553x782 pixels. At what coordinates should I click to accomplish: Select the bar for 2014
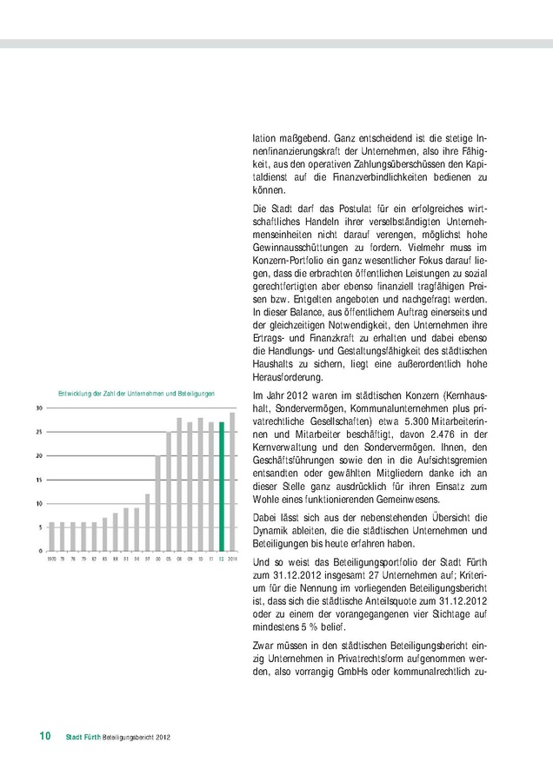[232, 480]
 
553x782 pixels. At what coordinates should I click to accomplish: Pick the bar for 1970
[51, 536]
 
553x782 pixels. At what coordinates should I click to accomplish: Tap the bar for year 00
[158, 502]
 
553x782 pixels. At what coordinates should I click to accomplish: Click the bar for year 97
[148, 521]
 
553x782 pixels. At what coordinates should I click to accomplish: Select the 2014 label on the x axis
[232, 559]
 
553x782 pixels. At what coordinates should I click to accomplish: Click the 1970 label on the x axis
[51, 559]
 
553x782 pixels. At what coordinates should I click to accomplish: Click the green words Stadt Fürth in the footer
[83, 738]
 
